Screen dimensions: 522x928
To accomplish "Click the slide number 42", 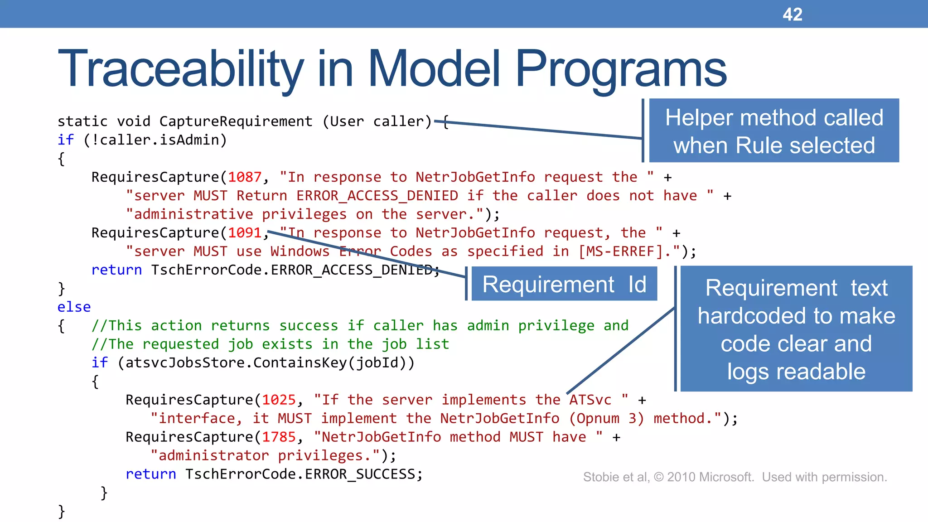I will [792, 14].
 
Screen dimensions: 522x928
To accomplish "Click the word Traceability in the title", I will [180, 69].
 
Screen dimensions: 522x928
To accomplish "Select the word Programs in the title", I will [621, 69].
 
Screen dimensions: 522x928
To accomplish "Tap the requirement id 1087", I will [245, 177].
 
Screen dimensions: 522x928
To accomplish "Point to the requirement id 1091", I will [245, 233].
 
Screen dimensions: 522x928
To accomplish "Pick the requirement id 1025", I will [279, 400].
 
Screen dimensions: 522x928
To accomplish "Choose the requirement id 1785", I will [279, 437].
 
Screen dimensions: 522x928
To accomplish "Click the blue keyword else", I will [74, 307].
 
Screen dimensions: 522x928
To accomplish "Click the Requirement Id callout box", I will [564, 284].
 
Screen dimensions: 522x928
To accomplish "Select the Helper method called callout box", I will [773, 131].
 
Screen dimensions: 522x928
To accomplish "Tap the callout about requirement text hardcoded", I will [796, 329].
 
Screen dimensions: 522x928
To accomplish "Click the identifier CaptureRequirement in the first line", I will [236, 121].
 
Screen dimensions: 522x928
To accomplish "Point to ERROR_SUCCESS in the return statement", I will [360, 474].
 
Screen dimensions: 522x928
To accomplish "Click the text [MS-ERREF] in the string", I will [625, 251].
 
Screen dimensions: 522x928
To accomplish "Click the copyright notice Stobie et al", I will [735, 477].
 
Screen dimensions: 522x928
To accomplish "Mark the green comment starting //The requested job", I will [270, 344].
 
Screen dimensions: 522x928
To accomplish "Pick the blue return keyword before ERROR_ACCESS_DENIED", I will [116, 270].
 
